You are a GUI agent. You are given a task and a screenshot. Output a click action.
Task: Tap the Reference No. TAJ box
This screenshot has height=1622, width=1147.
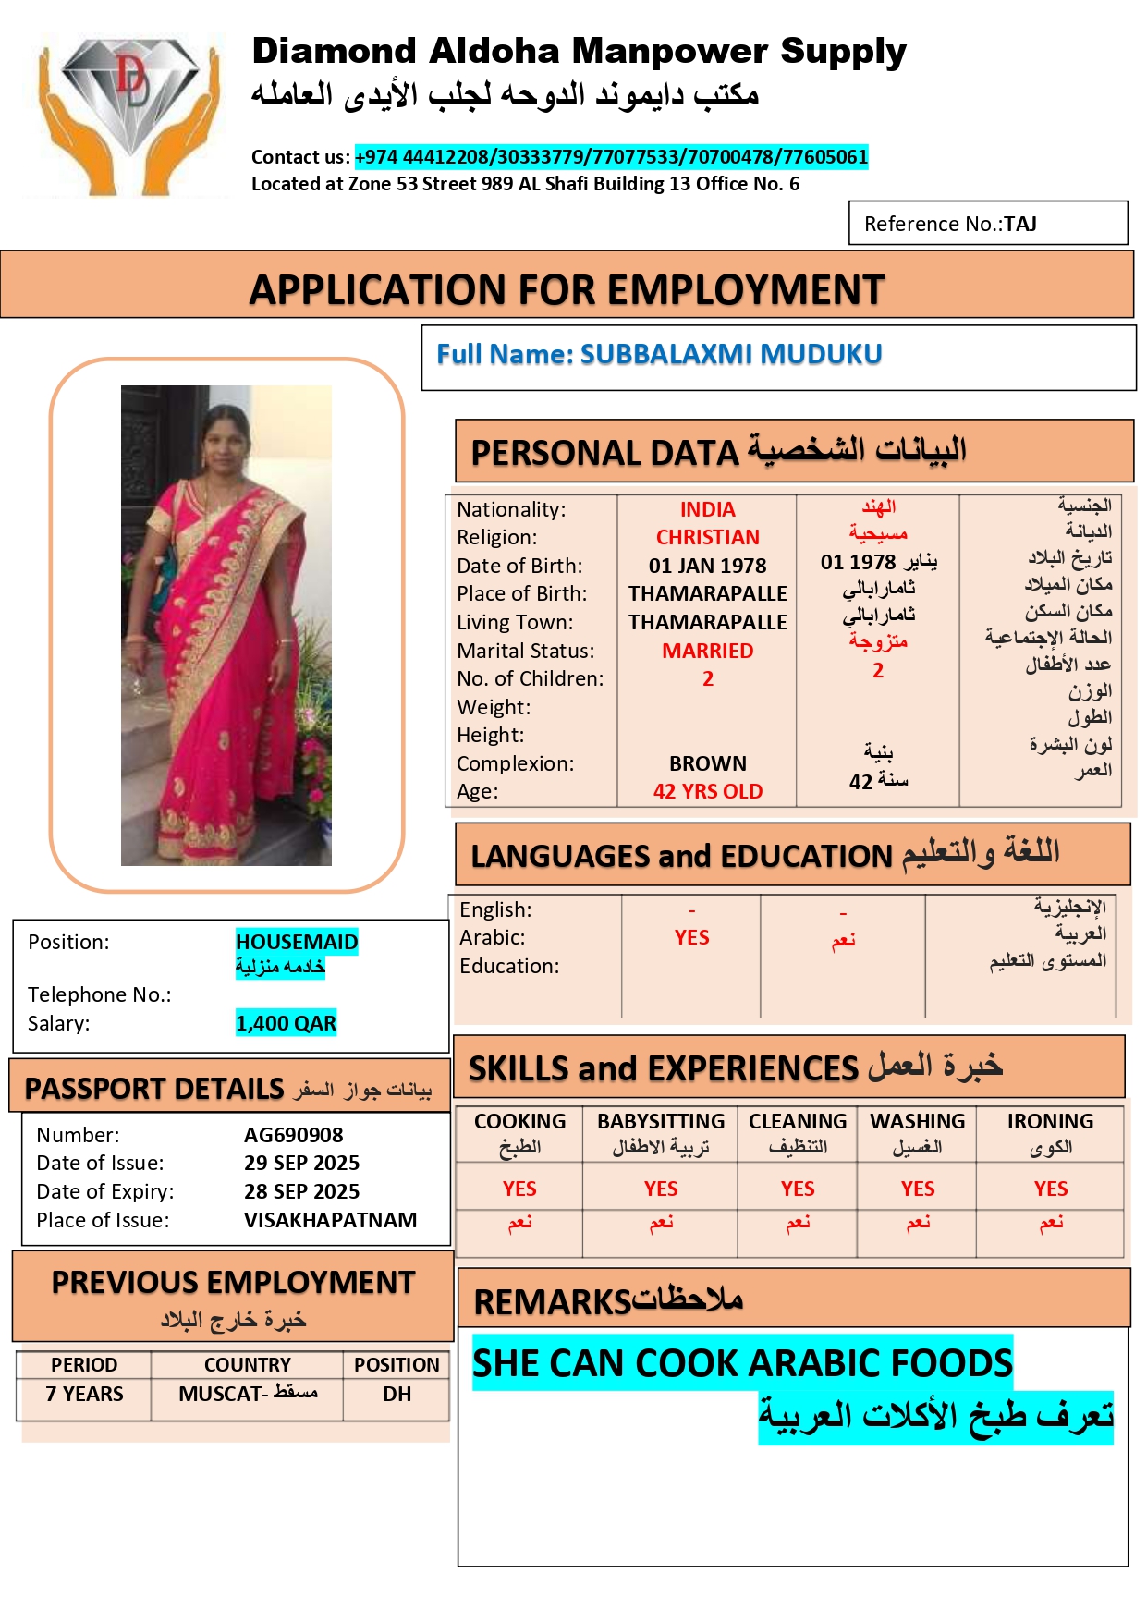coord(987,224)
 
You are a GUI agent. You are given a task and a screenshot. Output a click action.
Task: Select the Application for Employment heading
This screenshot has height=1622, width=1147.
coord(567,289)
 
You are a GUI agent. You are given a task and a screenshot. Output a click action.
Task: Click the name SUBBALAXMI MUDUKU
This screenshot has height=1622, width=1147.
coord(730,354)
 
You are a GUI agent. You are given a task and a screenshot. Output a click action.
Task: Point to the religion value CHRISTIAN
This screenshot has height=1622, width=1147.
coord(707,538)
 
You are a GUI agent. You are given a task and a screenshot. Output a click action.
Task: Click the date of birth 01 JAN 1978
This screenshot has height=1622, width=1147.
coord(707,566)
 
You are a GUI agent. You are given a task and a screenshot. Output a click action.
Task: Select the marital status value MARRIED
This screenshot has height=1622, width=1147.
coord(707,651)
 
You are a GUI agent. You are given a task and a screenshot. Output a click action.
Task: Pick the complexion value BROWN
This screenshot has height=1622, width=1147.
coord(707,763)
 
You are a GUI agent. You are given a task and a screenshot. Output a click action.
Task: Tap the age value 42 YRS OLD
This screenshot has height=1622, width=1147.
coord(707,791)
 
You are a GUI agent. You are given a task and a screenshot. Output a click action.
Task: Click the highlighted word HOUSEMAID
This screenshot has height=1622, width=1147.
coord(296,942)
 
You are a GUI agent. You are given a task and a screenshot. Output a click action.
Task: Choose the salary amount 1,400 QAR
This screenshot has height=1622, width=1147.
coord(286,1023)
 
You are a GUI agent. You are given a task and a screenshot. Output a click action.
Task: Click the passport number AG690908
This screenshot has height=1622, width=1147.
coord(293,1135)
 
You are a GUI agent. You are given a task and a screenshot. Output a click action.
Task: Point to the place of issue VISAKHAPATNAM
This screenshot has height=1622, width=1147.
coord(330,1220)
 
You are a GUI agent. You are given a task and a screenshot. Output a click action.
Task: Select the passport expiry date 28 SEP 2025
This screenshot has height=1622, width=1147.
coord(301,1191)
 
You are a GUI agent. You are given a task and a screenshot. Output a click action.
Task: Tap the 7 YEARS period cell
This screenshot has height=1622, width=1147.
coord(84,1394)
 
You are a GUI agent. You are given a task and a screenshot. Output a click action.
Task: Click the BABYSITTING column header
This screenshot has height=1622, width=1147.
coord(660,1121)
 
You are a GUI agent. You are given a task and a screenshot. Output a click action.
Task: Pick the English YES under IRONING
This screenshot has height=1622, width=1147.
coord(1050,1189)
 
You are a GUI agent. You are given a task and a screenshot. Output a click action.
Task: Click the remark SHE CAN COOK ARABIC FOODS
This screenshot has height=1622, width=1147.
coord(742,1363)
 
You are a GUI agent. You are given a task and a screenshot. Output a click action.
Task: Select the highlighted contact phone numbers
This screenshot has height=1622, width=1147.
coord(611,157)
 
